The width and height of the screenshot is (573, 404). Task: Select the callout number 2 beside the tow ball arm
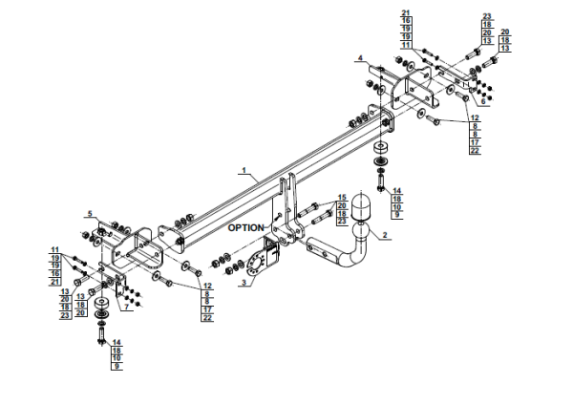click(x=385, y=235)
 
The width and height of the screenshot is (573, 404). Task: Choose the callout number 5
click(x=90, y=213)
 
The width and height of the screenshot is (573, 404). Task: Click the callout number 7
click(x=125, y=308)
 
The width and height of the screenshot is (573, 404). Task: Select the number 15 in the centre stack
click(x=341, y=198)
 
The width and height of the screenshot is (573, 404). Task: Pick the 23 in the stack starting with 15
click(x=341, y=221)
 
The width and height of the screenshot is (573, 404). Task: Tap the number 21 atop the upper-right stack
click(x=406, y=13)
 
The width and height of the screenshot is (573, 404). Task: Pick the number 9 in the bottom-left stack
click(x=117, y=367)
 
